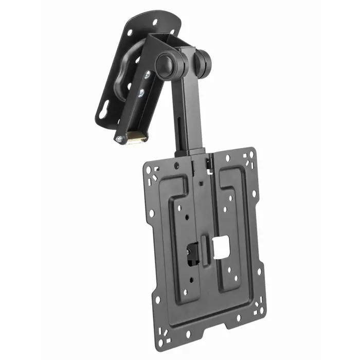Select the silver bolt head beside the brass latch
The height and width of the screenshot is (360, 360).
pos(119,139)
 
